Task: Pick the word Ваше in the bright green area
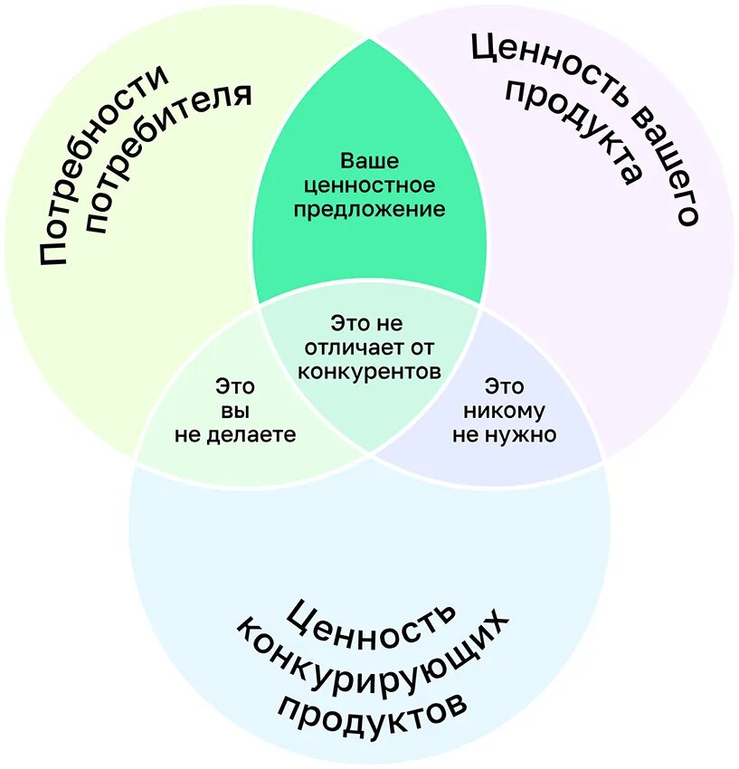pos(369,161)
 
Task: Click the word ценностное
pos(369,185)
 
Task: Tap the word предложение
pos(369,209)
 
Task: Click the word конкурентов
pos(369,371)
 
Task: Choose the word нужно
pos(526,434)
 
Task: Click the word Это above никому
pos(504,386)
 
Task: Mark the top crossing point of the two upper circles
pos(369,38)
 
